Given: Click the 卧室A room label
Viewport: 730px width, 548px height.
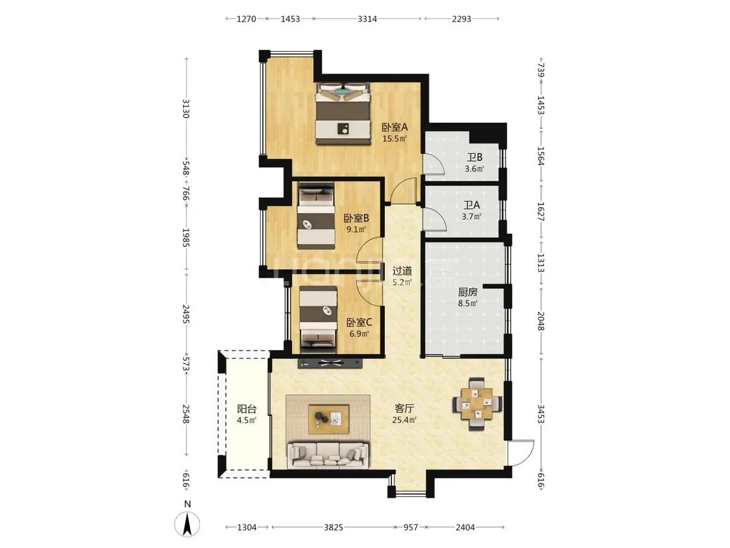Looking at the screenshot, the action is click(x=395, y=127).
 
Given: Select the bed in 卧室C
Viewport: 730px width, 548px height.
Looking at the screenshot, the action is click(x=318, y=318).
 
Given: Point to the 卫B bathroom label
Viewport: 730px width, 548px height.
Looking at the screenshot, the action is click(x=474, y=158).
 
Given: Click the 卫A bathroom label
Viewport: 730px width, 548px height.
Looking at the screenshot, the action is click(x=471, y=205).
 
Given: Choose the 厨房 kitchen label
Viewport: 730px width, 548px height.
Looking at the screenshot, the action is click(x=467, y=292).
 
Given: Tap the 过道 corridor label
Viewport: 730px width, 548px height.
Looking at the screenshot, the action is click(x=402, y=271).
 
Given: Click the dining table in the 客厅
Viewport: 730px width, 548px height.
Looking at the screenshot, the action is click(x=477, y=403).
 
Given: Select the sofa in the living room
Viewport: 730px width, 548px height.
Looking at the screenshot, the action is click(x=328, y=455).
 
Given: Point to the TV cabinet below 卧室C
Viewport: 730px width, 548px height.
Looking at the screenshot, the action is click(x=330, y=364).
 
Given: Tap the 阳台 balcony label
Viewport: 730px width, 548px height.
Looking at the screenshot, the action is click(x=247, y=409).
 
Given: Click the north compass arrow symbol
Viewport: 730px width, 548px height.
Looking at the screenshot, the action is click(x=187, y=524).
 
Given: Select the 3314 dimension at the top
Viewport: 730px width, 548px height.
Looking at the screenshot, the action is click(x=367, y=19).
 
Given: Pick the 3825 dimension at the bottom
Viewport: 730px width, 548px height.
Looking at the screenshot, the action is click(x=334, y=527).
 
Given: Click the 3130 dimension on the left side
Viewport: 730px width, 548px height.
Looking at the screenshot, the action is click(x=186, y=108).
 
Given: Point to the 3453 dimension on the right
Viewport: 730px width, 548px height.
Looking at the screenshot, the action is click(x=541, y=414).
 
